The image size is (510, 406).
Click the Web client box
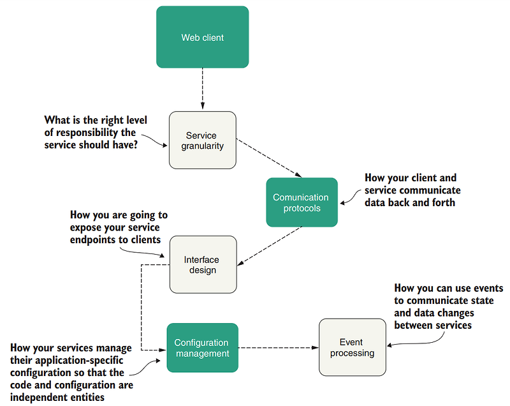click(202, 37)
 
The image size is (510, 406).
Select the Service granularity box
click(202, 140)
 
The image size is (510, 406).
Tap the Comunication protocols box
click(301, 202)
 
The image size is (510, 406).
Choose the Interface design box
click(202, 265)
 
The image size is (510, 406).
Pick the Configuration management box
click(201, 348)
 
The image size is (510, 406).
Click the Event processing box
click(352, 347)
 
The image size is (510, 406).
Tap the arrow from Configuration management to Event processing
click(277, 348)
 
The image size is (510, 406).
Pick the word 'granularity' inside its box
click(201, 146)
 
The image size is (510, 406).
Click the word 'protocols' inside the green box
click(301, 208)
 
